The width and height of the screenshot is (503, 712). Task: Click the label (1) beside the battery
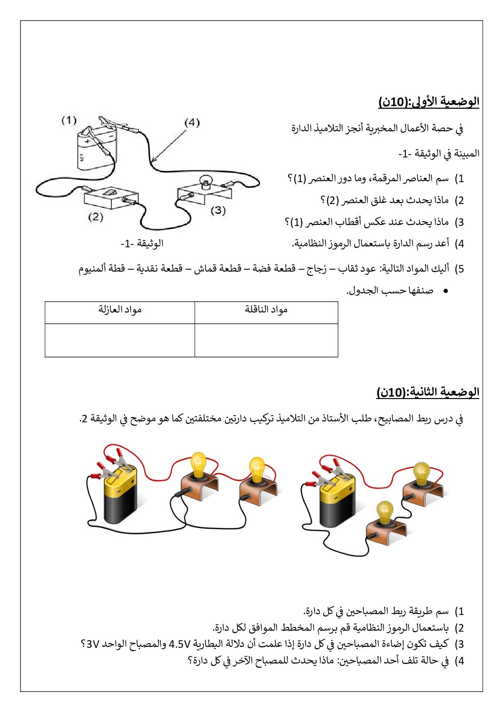69,120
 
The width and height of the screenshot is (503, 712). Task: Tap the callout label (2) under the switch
96,217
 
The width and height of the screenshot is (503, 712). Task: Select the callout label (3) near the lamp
218,210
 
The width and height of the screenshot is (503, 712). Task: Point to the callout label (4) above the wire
192,122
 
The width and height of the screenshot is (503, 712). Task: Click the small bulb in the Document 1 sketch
205,181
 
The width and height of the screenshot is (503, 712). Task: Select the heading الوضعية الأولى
429,101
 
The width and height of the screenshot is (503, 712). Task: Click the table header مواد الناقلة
266,310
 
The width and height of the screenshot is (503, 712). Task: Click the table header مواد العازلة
120,310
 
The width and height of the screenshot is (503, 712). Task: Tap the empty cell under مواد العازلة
120,340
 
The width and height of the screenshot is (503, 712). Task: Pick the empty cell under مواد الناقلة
266,340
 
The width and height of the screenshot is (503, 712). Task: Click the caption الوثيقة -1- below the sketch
142,244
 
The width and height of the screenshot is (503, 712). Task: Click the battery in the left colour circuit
120,495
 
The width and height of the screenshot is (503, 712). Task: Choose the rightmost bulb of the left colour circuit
257,469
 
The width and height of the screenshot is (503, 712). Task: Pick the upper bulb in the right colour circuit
421,474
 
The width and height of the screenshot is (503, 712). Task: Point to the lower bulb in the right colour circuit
385,513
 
